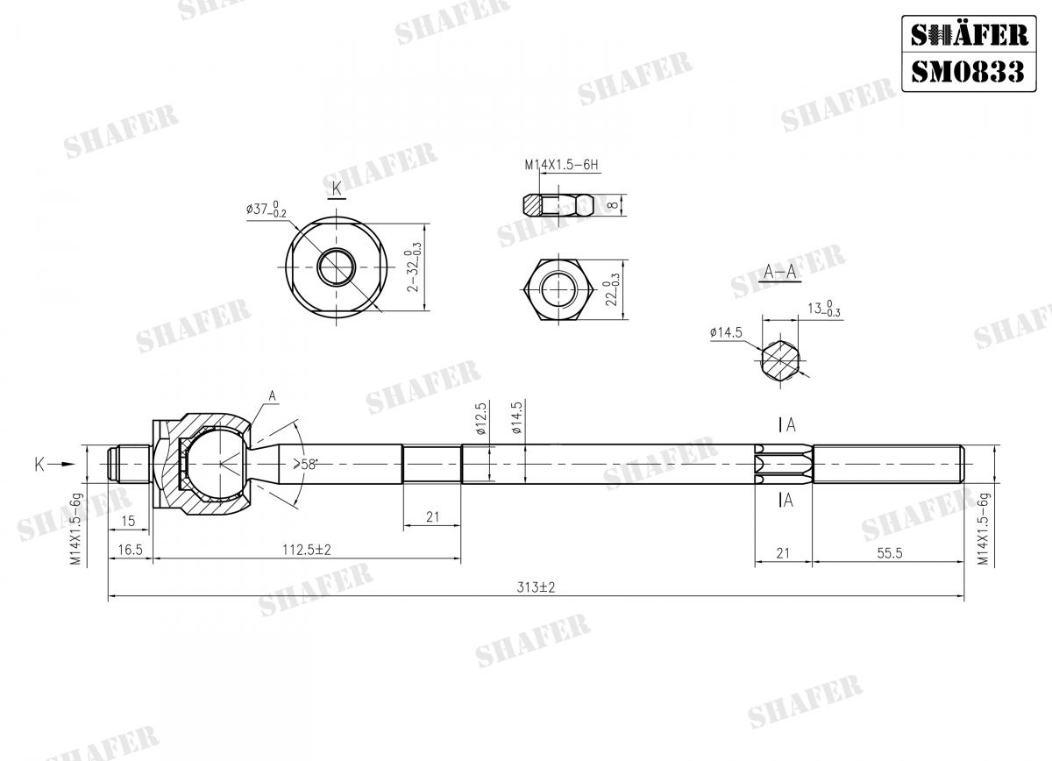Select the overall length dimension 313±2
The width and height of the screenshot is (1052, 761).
pos(537,587)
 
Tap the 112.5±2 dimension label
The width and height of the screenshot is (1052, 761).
pos(307,550)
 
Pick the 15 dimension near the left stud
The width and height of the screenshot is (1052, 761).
pos(128,521)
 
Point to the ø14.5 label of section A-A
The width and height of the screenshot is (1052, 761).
pos(726,332)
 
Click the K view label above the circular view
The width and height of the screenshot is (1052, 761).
pos(336,188)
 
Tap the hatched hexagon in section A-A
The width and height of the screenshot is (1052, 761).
pos(780,359)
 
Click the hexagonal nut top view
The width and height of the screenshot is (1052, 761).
pos(558,290)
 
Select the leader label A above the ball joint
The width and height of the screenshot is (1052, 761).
pos(272,397)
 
